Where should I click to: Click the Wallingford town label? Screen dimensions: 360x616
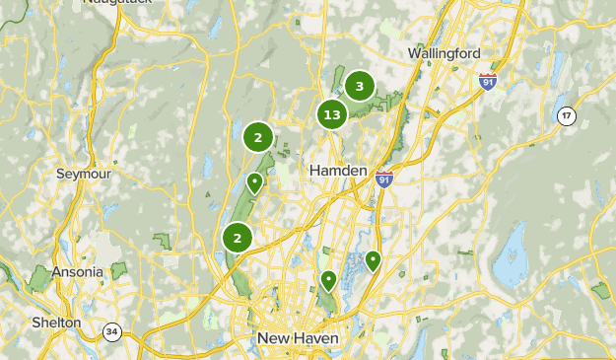click(444, 52)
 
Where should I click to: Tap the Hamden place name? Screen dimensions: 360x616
click(338, 170)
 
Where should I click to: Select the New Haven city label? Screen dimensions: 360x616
click(298, 338)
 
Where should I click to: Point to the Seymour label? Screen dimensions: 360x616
click(83, 173)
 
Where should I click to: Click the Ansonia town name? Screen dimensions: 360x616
click(78, 271)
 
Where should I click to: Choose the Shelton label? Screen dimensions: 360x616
click(56, 322)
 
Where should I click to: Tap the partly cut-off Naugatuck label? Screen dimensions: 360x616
click(118, 3)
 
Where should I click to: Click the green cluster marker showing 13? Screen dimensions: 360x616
click(332, 115)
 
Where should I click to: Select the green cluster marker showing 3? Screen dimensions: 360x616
click(360, 87)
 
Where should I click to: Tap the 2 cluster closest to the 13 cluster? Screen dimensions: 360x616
click(258, 138)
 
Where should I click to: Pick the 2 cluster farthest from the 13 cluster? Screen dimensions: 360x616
click(238, 238)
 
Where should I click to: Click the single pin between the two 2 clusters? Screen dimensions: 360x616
click(254, 182)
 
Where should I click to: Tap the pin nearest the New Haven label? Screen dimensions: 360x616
click(328, 281)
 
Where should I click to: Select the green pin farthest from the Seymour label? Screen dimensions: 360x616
click(373, 261)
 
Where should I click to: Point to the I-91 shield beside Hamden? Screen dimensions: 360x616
click(384, 179)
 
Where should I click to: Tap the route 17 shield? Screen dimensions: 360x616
click(566, 116)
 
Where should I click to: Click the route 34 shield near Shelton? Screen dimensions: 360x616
click(111, 331)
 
